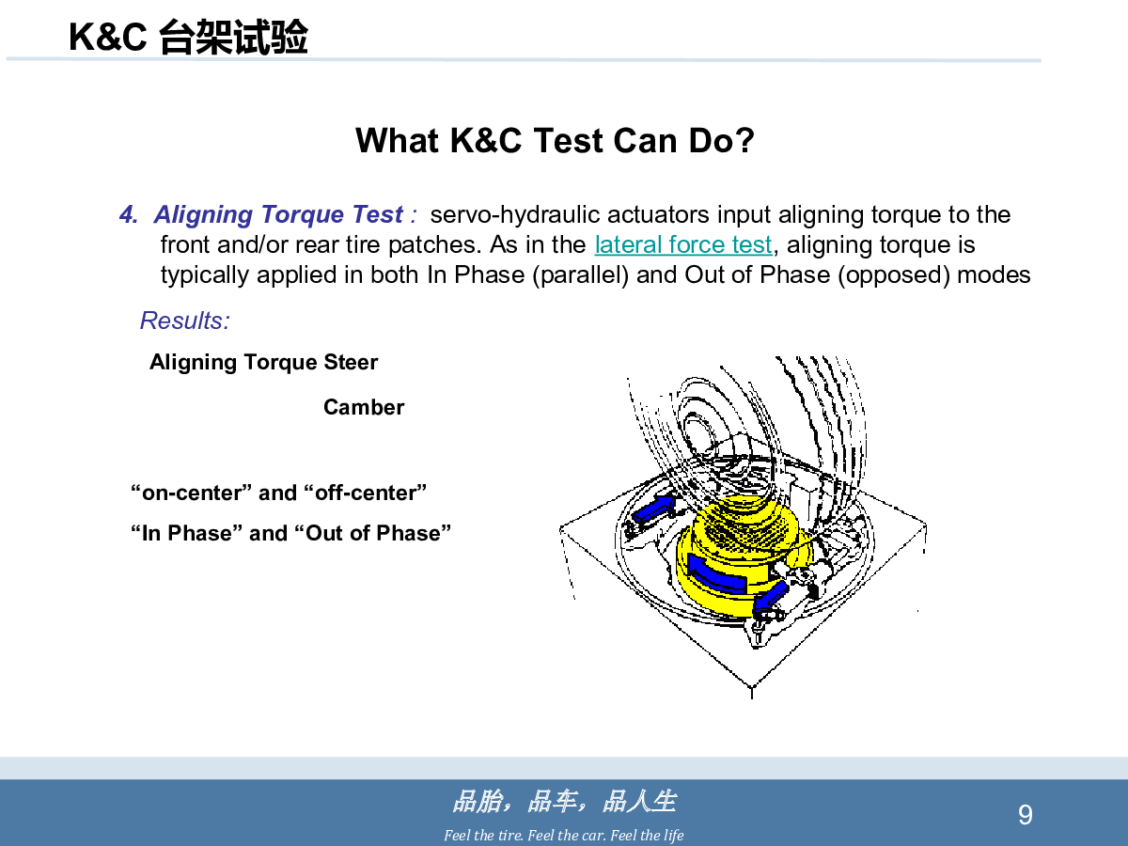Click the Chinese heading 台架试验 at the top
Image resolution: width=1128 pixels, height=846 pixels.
tap(233, 37)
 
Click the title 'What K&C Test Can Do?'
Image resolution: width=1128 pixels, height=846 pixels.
tap(555, 140)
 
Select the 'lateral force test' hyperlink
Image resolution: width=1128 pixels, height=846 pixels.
tap(683, 244)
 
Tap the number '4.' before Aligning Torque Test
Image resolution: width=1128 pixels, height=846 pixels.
tap(129, 214)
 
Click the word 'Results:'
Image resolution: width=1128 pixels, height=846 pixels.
tap(185, 321)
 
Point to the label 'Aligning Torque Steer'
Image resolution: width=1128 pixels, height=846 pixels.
tap(263, 362)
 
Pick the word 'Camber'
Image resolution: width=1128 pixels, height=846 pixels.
tap(364, 407)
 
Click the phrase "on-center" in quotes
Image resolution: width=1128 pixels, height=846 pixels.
tap(191, 493)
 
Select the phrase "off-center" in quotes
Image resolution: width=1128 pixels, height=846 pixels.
tap(366, 493)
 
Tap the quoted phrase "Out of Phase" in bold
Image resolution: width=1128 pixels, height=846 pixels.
tap(373, 533)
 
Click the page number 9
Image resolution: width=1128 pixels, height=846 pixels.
tap(1026, 815)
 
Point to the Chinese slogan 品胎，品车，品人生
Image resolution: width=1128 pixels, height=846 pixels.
tap(565, 801)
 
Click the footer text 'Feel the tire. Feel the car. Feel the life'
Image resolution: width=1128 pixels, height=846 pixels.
tap(564, 836)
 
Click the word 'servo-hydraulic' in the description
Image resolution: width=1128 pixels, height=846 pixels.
tap(515, 214)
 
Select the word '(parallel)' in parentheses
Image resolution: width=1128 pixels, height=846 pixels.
tap(581, 274)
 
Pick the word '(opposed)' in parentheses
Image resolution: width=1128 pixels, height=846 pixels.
tap(894, 274)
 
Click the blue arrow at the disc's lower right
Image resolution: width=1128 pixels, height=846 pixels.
tap(770, 599)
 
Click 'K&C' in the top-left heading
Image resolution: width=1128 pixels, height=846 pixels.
tap(108, 37)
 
